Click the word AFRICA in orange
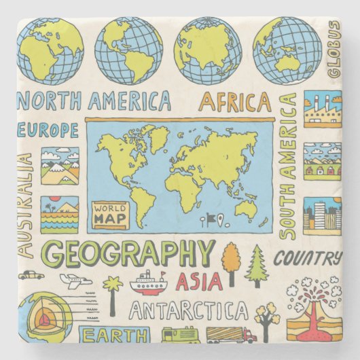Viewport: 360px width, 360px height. pos(234,102)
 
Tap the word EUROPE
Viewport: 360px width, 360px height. pos(49,130)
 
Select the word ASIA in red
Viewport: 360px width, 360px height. pos(198,281)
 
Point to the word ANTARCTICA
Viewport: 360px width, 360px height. pos(189,311)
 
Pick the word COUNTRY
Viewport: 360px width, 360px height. pos(308,258)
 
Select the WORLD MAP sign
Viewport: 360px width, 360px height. pos(110,213)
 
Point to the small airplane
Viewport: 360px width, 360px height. pos(75,279)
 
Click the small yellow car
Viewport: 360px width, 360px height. pos(31,275)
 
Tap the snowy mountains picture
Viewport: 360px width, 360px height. pos(60,166)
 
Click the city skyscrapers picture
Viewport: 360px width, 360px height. pos(322,216)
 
